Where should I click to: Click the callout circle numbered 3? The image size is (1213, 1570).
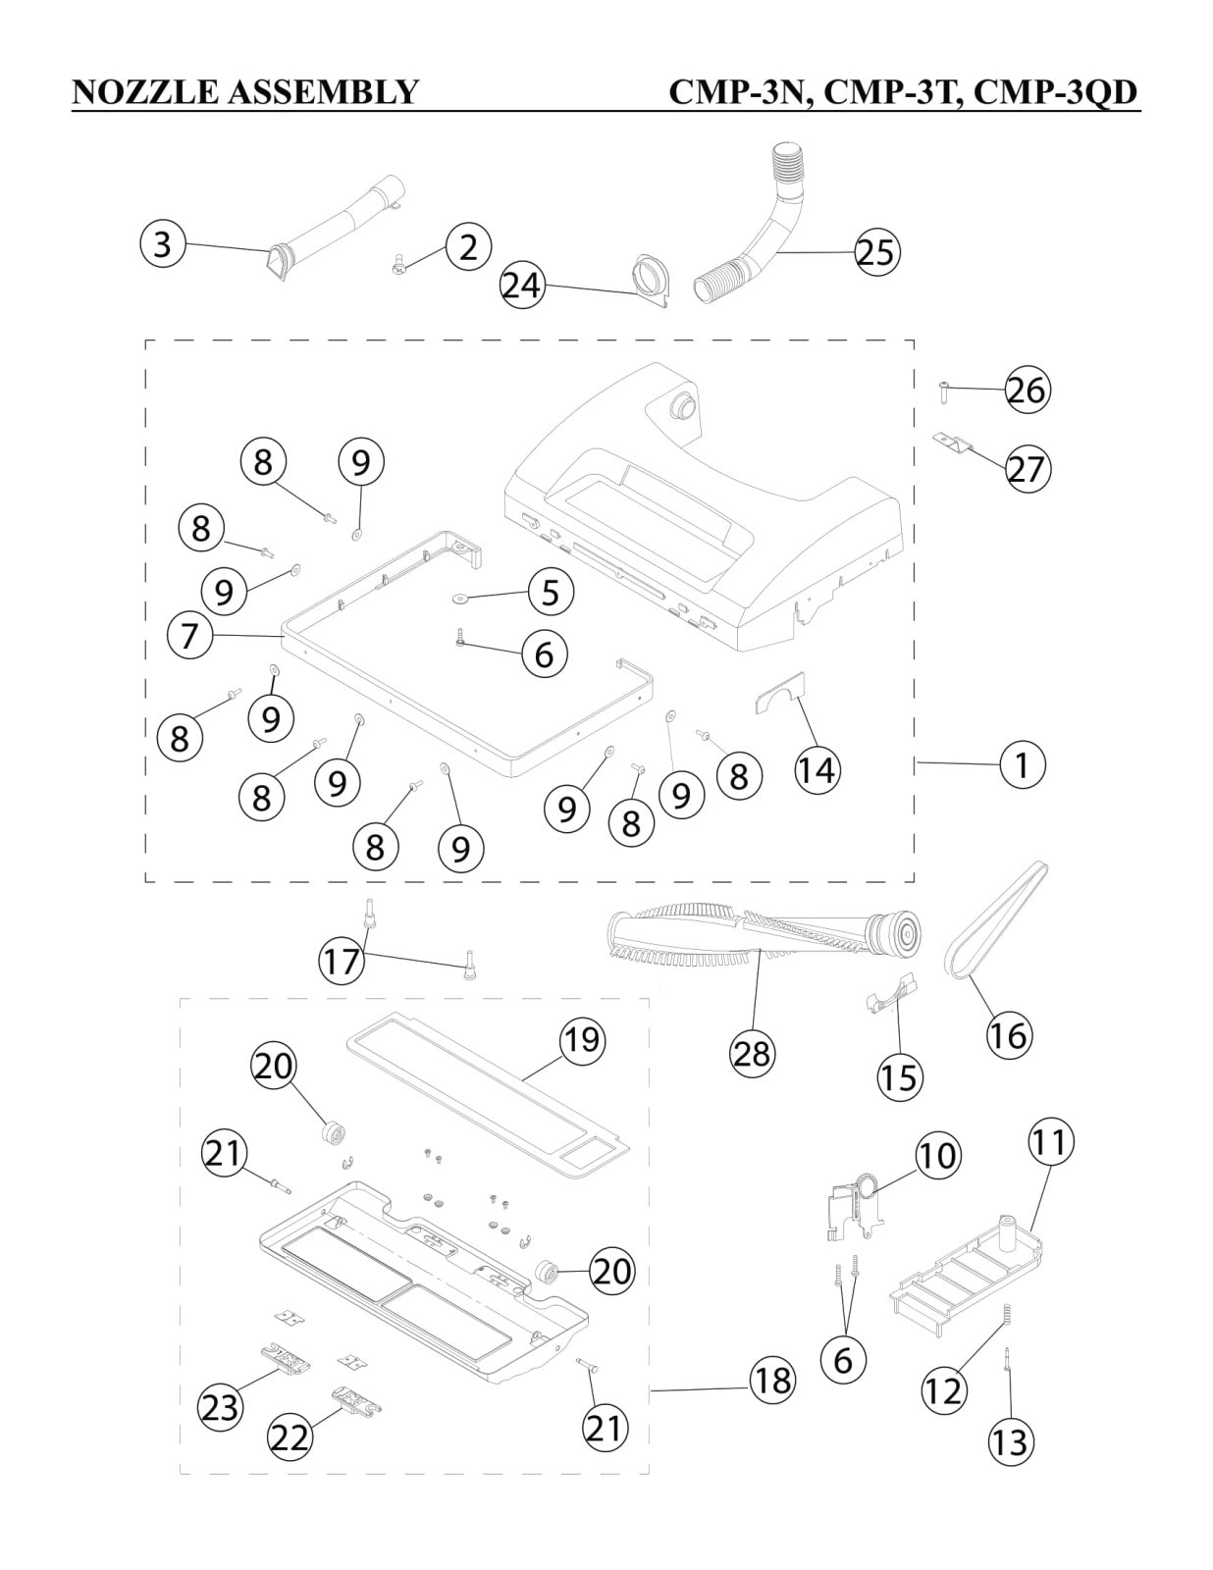[x=163, y=243]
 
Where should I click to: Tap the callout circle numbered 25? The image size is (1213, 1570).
[x=876, y=252]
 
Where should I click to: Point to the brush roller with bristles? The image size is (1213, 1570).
[x=765, y=934]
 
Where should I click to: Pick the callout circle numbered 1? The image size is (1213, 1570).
[x=1022, y=763]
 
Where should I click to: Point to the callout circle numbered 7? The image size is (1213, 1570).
[x=189, y=635]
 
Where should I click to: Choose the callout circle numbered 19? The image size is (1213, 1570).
[x=582, y=1039]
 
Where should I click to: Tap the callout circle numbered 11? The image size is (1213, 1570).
[x=1051, y=1142]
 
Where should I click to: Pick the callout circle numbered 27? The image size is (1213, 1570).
[x=1027, y=469]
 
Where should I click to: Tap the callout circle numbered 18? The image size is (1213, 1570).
[x=771, y=1381]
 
